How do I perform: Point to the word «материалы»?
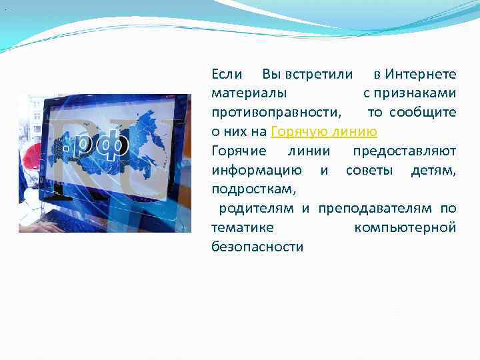[250, 93]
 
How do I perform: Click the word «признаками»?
[416, 93]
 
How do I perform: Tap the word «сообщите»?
[423, 112]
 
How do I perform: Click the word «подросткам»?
[253, 189]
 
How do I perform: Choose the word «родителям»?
[256, 209]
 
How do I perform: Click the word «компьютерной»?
[405, 228]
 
